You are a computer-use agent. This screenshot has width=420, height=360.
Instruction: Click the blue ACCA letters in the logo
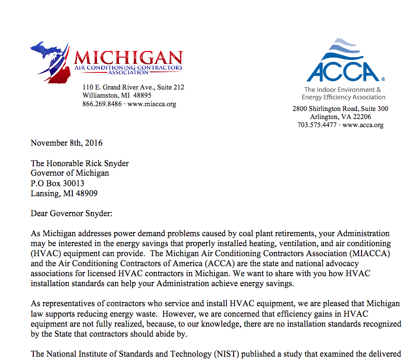pos(343,71)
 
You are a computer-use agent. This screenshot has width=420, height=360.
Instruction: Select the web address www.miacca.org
pos(152,104)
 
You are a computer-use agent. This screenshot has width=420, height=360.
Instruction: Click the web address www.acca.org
pos(363,125)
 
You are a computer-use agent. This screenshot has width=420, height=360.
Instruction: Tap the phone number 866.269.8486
pos(102,104)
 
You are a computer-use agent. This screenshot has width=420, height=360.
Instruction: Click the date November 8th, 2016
pos(67,143)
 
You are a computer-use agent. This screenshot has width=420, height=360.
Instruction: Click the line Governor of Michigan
pos(70,173)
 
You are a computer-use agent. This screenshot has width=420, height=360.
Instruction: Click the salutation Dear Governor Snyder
pos(72,214)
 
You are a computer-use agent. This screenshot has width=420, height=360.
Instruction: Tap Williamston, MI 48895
pos(117,95)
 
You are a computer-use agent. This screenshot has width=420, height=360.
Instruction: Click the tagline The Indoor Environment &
pos(342,90)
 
